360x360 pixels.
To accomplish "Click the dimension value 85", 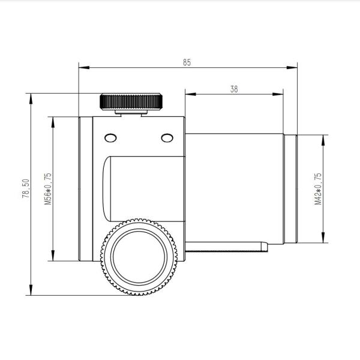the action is click(187, 62).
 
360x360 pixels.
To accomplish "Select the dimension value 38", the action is click(234, 89).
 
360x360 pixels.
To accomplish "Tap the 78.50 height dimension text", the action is click(26, 188).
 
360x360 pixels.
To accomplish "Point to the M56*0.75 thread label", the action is click(48, 189).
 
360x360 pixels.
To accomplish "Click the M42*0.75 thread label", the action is click(318, 189).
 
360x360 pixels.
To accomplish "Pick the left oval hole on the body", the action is click(110, 138).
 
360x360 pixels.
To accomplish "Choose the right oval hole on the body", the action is click(167, 138).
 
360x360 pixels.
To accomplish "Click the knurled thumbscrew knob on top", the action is click(131, 101).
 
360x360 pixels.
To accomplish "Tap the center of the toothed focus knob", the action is click(139, 257).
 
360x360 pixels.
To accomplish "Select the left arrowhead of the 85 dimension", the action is click(84, 67).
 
